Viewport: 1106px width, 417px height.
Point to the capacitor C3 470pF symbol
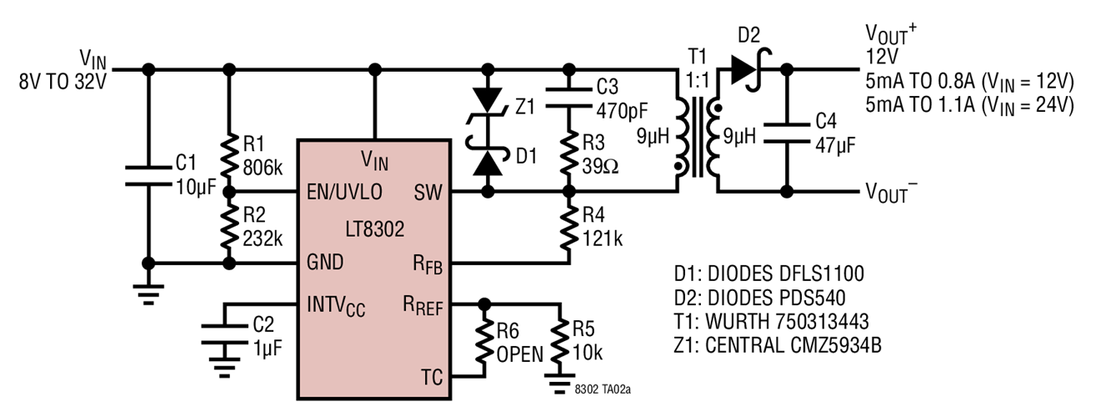click(569, 96)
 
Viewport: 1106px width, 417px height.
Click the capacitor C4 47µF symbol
click(785, 132)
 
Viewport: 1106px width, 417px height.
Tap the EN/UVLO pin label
click(343, 193)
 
